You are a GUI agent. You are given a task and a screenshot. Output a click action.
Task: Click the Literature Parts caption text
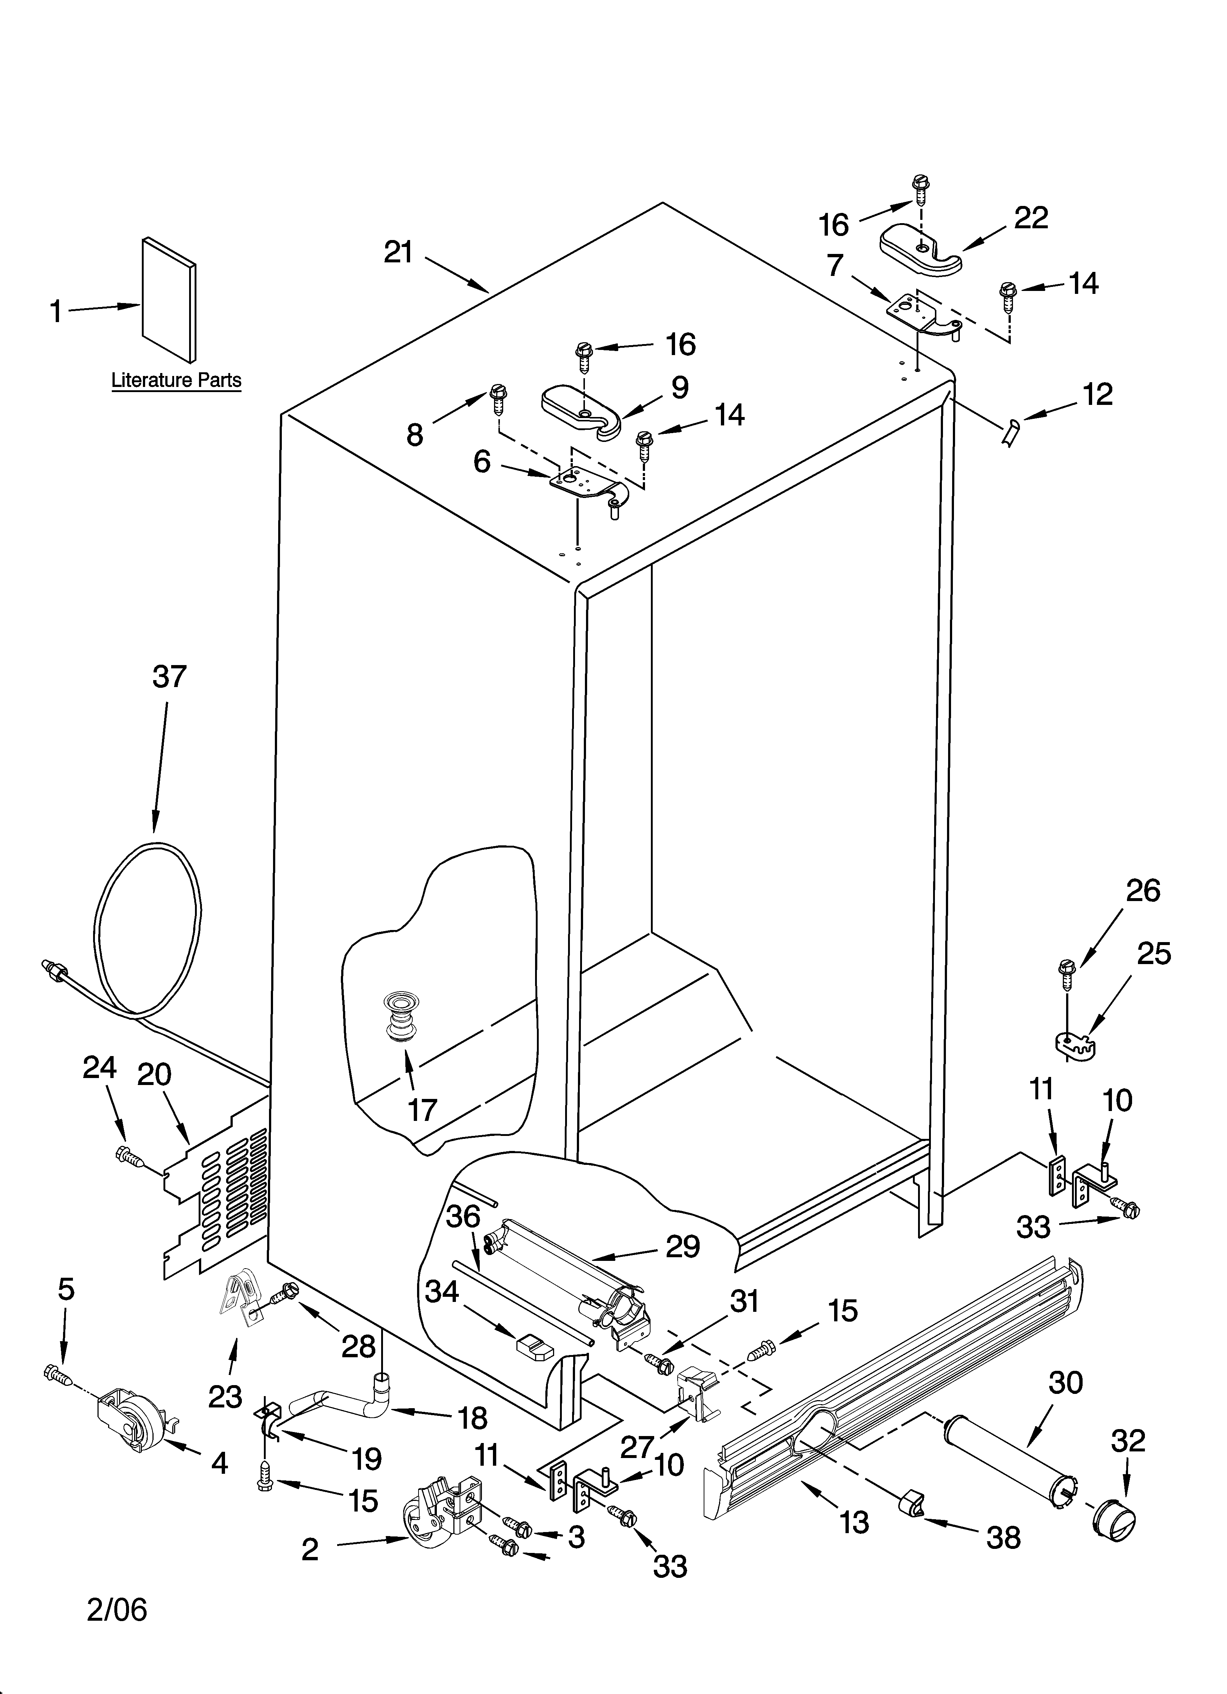[176, 380]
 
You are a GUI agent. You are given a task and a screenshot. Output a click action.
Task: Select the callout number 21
[398, 252]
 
